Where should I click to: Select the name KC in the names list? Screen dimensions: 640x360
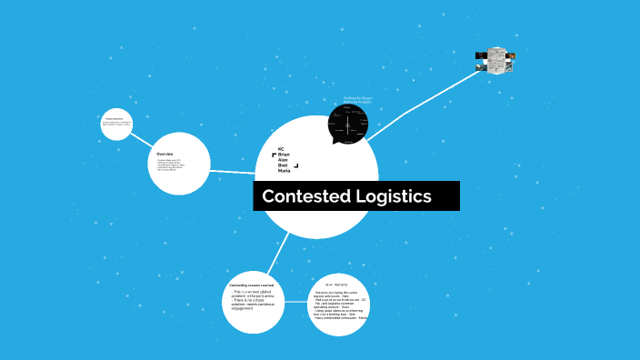pos(281,148)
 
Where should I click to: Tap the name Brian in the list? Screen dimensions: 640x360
pos(283,155)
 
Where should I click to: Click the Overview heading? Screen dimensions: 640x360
pos(165,154)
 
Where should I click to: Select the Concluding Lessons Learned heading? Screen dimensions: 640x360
pos(252,285)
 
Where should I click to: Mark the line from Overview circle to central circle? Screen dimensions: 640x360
pos(233,170)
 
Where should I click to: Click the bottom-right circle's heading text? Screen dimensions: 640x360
pos(336,285)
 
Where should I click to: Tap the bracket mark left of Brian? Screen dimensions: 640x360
pos(274,155)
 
